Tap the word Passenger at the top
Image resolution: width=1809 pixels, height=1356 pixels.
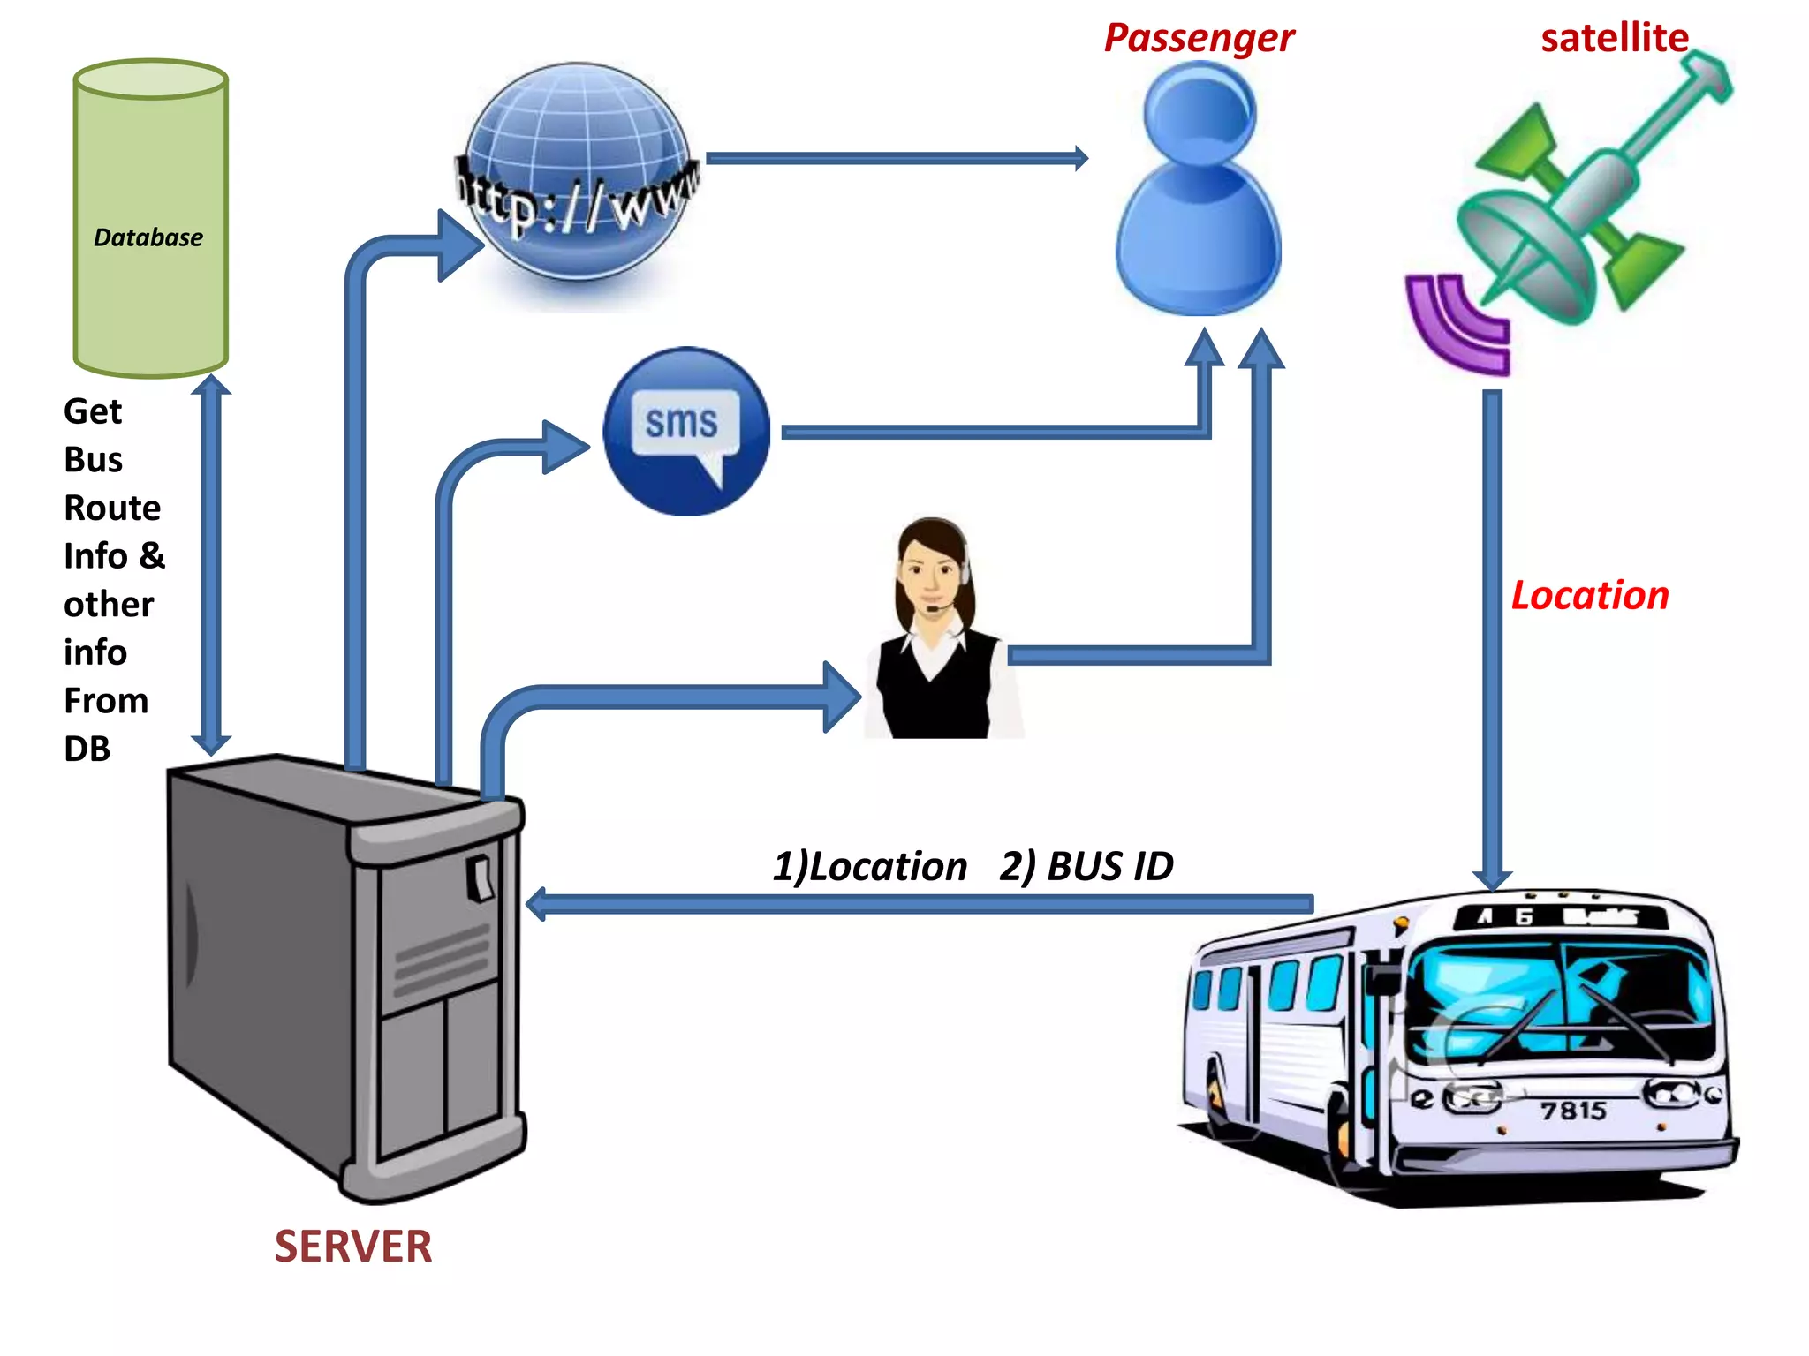coord(1199,38)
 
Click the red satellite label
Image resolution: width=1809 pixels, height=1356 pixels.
coord(1614,38)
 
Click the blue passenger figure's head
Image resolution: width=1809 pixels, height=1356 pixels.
coord(1200,110)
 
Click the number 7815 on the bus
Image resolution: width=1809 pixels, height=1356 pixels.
coord(1573,1110)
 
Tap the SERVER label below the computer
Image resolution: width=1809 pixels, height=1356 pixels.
coord(353,1247)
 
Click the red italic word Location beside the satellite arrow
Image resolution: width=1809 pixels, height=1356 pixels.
coord(1590,595)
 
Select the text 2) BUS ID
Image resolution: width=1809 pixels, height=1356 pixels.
coord(1086,866)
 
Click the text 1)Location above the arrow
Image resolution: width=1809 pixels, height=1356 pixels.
coord(870,866)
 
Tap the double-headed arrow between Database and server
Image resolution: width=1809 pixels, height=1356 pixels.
coord(211,565)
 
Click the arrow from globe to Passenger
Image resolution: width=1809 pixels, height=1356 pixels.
coord(892,159)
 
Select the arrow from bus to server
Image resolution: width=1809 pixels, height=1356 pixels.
coord(919,904)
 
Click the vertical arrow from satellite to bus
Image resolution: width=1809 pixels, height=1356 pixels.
coord(1493,636)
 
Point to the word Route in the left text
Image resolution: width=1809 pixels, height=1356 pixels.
coord(112,508)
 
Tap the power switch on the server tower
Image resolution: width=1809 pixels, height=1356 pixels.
coord(481,877)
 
